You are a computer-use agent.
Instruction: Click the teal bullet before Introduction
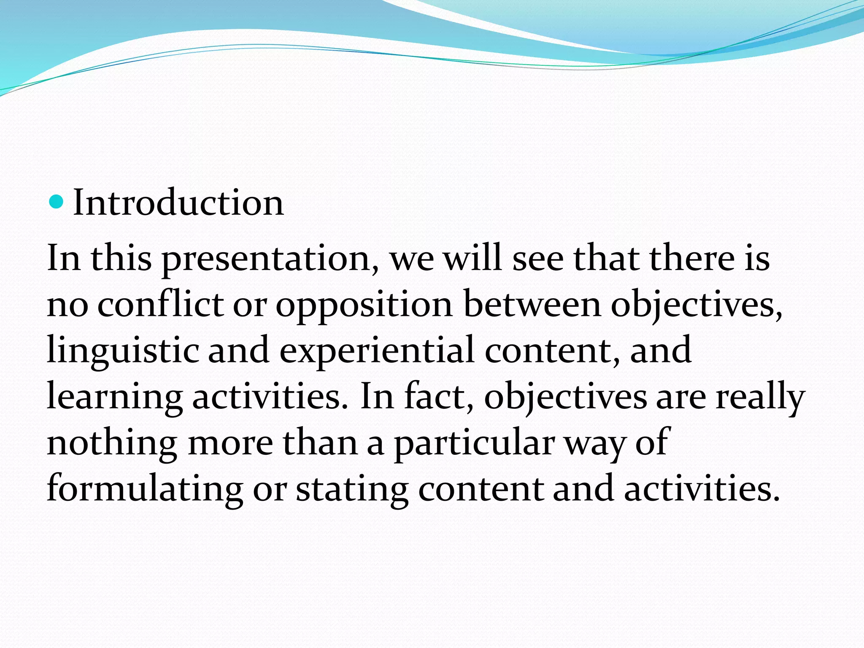point(56,202)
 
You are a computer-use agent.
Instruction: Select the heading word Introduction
point(178,203)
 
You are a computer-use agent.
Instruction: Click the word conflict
point(160,304)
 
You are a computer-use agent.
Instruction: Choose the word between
point(532,304)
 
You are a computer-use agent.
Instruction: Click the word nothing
point(112,443)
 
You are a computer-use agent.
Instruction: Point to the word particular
point(474,444)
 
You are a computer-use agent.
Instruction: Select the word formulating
point(145,490)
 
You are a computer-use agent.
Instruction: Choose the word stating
point(352,490)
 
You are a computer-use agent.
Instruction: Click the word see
point(537,259)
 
